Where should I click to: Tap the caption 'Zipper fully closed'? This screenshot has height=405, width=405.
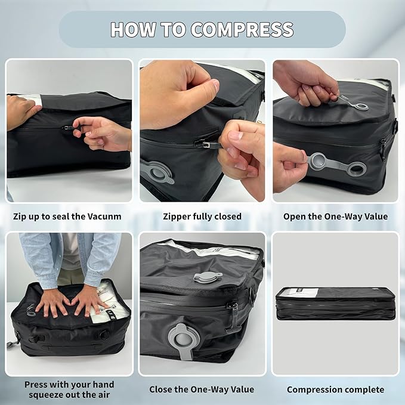click(x=202, y=217)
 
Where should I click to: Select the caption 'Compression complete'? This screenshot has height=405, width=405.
click(x=335, y=389)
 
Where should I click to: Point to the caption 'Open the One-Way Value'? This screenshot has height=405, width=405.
click(x=335, y=217)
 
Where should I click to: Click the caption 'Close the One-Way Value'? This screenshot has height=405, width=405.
click(x=202, y=389)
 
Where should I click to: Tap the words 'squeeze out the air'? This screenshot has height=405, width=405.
click(x=69, y=394)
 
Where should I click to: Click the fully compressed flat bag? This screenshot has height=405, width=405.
click(x=335, y=303)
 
